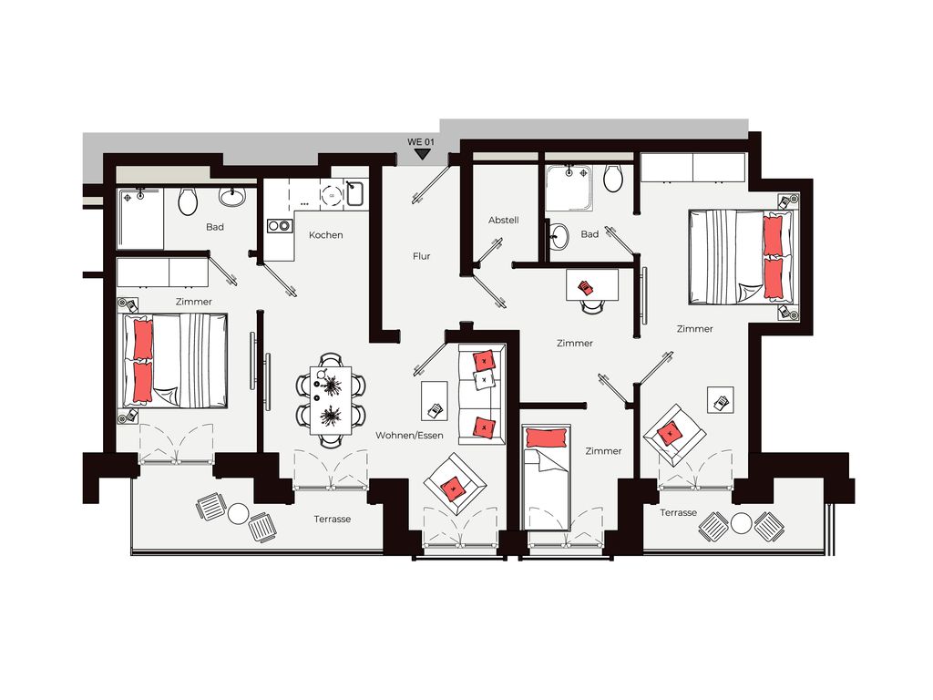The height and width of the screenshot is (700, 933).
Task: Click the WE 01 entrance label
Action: pyautogui.click(x=421, y=142)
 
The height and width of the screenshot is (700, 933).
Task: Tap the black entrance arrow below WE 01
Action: pyautogui.click(x=422, y=154)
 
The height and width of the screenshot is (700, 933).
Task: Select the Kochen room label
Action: pyautogui.click(x=325, y=235)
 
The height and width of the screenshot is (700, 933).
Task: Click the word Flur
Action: pyautogui.click(x=421, y=256)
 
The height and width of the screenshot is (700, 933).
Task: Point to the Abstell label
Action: pyautogui.click(x=503, y=221)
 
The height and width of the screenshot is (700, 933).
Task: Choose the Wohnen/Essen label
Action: pyautogui.click(x=409, y=435)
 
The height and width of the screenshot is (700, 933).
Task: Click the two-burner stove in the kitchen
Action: pyautogui.click(x=279, y=226)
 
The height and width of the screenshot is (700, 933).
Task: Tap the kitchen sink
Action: pyautogui.click(x=354, y=193)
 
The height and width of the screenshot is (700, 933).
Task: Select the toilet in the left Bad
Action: pyautogui.click(x=188, y=201)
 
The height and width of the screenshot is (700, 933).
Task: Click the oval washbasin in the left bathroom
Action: pyautogui.click(x=231, y=196)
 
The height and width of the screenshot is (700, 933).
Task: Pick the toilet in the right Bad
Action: pyautogui.click(x=613, y=178)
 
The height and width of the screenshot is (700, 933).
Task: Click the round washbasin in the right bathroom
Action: pyautogui.click(x=559, y=236)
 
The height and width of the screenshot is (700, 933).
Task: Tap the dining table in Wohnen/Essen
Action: pyautogui.click(x=331, y=400)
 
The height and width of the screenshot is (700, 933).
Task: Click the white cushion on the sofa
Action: pyautogui.click(x=484, y=379)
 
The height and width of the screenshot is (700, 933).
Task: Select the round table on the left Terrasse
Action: pyautogui.click(x=238, y=514)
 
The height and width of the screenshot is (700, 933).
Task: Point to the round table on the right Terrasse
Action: pyautogui.click(x=742, y=523)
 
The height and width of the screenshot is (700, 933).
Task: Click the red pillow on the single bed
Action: pyautogui.click(x=545, y=437)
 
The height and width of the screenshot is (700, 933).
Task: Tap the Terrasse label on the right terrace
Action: pyautogui.click(x=678, y=512)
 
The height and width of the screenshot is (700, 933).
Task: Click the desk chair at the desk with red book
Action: pyautogui.click(x=592, y=306)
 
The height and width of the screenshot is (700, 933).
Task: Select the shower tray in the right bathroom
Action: pyautogui.click(x=569, y=188)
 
